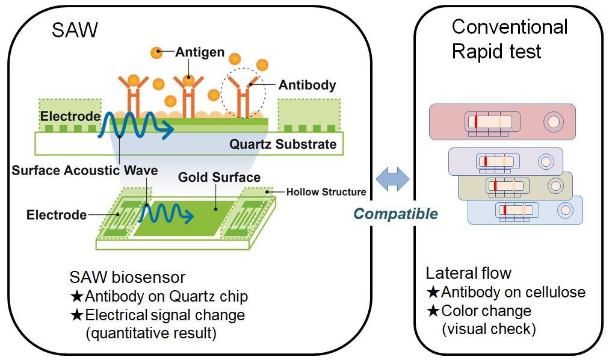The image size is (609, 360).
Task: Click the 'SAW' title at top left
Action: click(75, 30)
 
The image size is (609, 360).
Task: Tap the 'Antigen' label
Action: click(200, 52)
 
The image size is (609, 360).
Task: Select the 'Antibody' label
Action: click(308, 85)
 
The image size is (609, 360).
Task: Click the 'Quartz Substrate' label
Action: click(283, 144)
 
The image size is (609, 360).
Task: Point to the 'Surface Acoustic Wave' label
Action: click(85, 170)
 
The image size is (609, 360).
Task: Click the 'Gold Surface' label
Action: click(219, 177)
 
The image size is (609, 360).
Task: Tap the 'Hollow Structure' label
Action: click(326, 192)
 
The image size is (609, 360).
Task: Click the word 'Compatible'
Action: click(395, 214)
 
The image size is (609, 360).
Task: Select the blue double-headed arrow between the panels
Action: click(393, 179)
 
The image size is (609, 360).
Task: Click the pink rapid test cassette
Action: click(502, 122)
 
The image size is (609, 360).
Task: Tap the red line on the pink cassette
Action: click(475, 122)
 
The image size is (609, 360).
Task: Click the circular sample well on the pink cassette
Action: click(553, 122)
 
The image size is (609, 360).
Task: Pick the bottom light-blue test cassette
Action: click(525, 210)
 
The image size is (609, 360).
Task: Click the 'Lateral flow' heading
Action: click(468, 273)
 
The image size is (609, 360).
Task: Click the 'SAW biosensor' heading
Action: click(128, 278)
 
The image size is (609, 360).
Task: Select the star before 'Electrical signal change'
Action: click(77, 315)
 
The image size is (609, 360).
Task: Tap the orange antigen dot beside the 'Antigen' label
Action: click(156, 52)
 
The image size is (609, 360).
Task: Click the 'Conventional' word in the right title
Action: click(510, 27)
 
